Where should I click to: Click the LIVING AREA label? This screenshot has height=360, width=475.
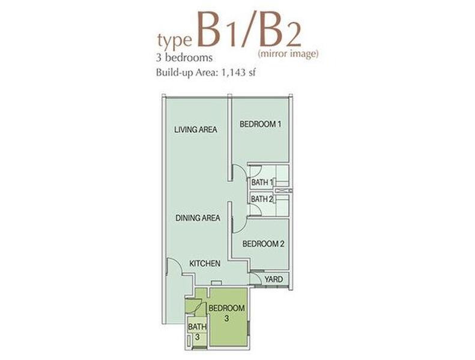(196, 130)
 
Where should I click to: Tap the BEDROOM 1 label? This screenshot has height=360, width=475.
(260, 124)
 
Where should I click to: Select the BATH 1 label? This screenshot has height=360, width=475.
(262, 182)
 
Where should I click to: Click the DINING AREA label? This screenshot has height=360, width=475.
(198, 218)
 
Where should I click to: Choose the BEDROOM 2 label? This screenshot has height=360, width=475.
(263, 244)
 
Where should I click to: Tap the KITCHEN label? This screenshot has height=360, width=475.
(205, 263)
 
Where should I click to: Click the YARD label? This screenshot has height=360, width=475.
(274, 279)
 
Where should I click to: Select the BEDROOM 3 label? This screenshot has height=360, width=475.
(226, 313)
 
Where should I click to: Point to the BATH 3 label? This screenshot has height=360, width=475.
(197, 332)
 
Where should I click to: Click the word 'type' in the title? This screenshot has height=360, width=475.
(175, 42)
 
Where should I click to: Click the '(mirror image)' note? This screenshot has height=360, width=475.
(288, 53)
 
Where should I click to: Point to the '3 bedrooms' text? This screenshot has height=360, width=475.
(184, 57)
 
